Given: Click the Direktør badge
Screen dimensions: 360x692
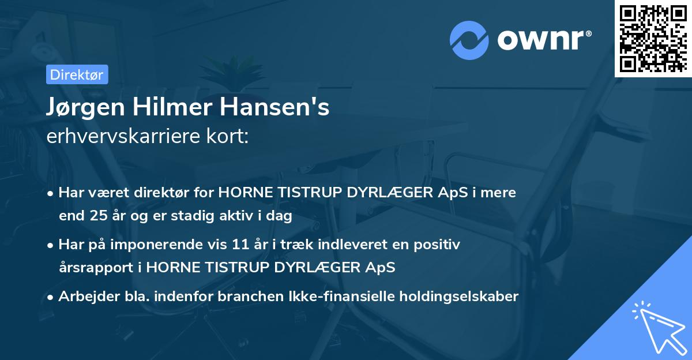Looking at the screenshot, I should (77, 74).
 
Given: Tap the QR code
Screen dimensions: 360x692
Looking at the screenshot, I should (653, 38).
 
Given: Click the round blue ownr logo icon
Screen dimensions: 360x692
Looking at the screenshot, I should (469, 40).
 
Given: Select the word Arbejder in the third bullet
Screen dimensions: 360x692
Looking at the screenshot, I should (85, 297).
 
